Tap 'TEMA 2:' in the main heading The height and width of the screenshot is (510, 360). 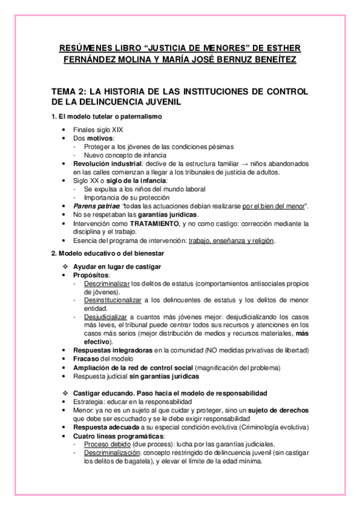point(69,91)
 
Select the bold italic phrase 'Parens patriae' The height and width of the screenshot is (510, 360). point(94,206)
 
